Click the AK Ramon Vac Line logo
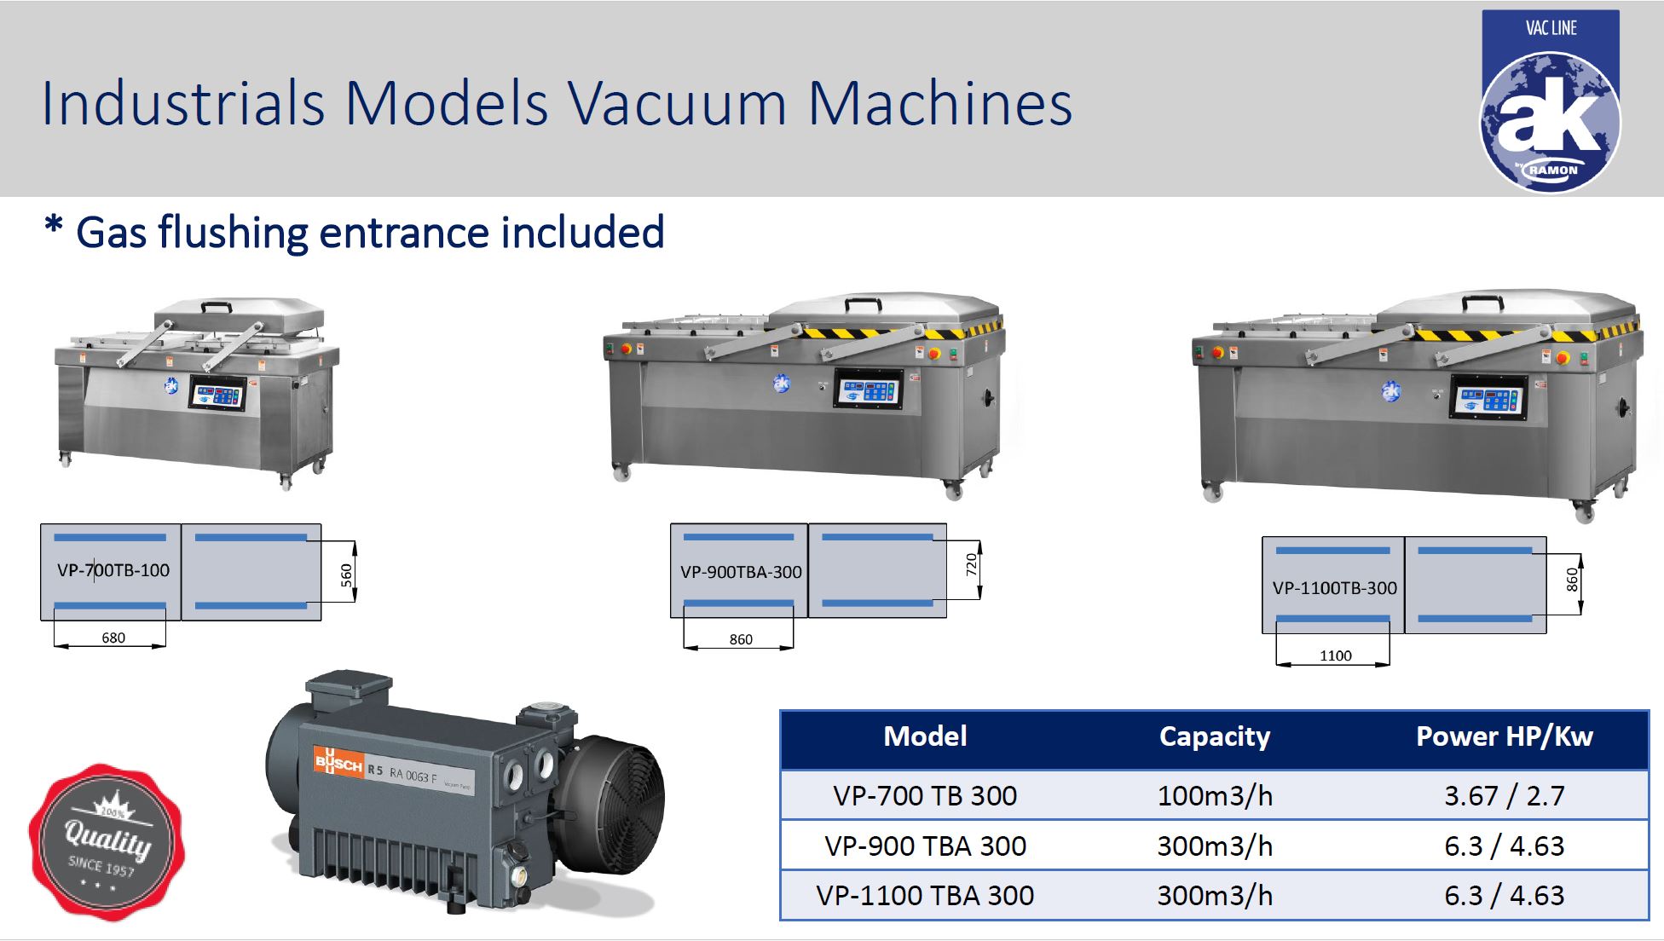pyautogui.click(x=1550, y=102)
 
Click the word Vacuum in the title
pyautogui.click(x=677, y=104)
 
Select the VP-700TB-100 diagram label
pyautogui.click(x=113, y=570)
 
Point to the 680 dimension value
pyautogui.click(x=113, y=638)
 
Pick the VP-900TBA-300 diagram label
pyautogui.click(x=741, y=572)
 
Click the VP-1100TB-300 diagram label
pyautogui.click(x=1334, y=588)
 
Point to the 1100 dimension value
pyautogui.click(x=1335, y=655)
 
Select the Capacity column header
pyautogui.click(x=1214, y=736)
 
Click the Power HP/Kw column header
pyautogui.click(x=1504, y=736)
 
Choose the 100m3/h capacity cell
pyautogui.click(x=1214, y=796)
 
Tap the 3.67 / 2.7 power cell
pyautogui.click(x=1504, y=796)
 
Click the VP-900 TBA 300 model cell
pyautogui.click(x=925, y=846)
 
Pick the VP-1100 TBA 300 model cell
pyautogui.click(x=925, y=896)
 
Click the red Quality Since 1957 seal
pyautogui.click(x=107, y=842)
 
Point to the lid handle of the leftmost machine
pyautogui.click(x=216, y=306)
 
